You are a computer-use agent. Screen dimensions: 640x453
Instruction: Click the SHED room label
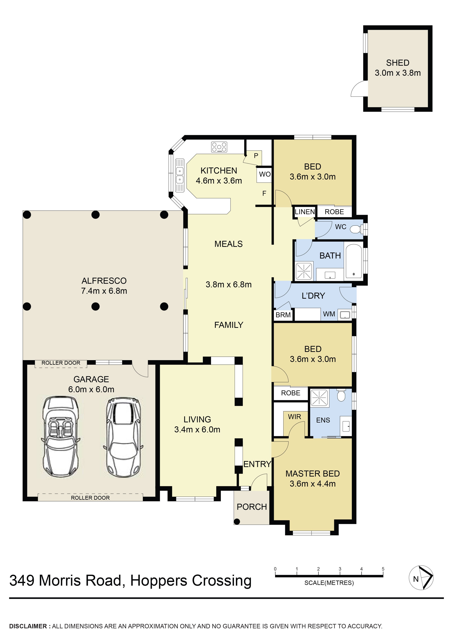(397, 63)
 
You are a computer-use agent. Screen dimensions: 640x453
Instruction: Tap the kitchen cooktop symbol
(219, 147)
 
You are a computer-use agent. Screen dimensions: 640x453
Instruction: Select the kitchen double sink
(180, 175)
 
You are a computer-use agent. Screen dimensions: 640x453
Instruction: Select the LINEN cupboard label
(304, 212)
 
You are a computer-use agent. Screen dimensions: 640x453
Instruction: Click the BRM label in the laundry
(283, 315)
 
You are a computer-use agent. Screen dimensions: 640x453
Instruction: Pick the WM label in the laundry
(329, 314)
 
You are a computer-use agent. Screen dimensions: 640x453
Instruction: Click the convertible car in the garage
(60, 437)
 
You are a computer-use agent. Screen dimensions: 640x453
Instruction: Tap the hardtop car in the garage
(123, 437)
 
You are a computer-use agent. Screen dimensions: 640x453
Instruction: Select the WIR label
(294, 417)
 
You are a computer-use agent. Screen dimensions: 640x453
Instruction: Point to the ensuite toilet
(341, 396)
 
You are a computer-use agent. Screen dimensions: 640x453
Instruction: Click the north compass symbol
(421, 578)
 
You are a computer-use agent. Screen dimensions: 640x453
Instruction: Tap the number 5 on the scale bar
(383, 569)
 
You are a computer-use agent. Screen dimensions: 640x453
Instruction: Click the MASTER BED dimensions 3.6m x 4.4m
(313, 484)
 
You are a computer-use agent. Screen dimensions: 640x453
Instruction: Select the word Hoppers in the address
(159, 581)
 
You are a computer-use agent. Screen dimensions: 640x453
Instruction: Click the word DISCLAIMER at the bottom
(28, 626)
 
